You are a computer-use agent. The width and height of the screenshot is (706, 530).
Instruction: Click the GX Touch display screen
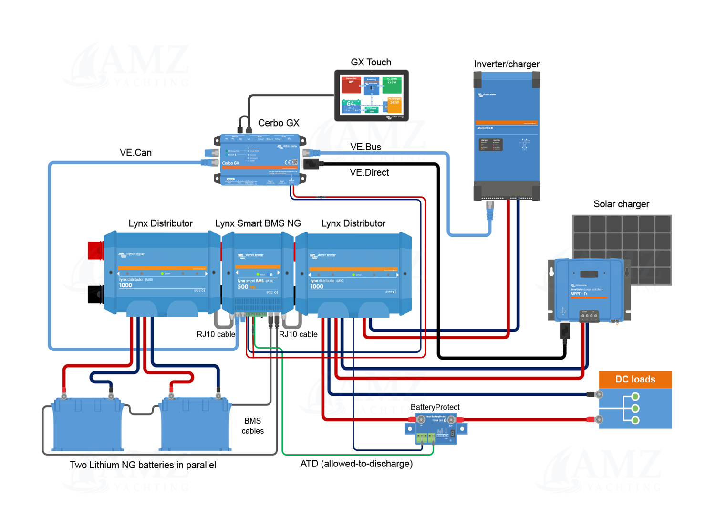(371, 95)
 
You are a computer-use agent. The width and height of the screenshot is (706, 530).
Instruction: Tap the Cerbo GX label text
(279, 123)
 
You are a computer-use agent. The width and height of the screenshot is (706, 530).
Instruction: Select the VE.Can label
(135, 153)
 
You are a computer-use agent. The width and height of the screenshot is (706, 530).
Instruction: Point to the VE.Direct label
(369, 172)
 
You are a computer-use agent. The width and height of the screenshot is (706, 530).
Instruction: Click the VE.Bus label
(365, 147)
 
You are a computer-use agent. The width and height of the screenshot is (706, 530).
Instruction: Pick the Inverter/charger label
(507, 64)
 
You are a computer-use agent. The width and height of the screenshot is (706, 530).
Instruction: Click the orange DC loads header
(635, 380)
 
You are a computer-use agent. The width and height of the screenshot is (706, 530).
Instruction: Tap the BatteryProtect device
(436, 429)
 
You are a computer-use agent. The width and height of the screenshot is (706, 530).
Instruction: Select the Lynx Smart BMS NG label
(258, 223)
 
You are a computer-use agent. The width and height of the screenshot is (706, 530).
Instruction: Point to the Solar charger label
(621, 204)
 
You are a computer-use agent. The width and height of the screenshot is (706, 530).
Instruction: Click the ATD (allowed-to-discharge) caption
(356, 464)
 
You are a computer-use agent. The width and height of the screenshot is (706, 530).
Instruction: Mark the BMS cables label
(252, 426)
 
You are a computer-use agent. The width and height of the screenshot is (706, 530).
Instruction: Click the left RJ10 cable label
(216, 334)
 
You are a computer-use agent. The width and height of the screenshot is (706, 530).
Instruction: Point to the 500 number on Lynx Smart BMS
(243, 287)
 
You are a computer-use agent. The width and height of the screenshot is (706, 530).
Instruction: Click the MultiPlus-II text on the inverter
(485, 128)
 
